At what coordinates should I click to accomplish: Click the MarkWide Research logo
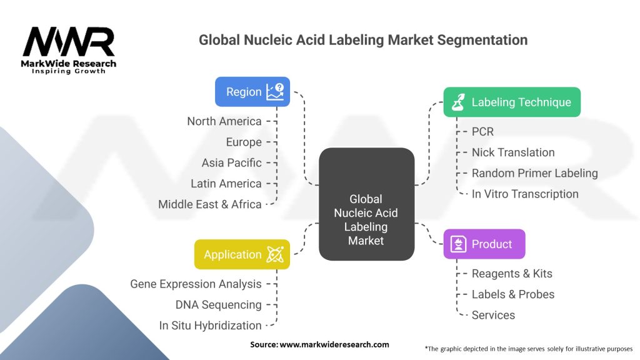(x=69, y=50)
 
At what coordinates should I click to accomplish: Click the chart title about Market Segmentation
(x=363, y=40)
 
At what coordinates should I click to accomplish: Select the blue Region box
(x=252, y=92)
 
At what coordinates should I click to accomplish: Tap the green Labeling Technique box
(x=512, y=102)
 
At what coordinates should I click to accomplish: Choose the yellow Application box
(x=242, y=254)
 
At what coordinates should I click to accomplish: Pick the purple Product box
(x=484, y=244)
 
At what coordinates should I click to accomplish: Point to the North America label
(x=224, y=121)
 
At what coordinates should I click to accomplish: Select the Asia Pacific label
(x=232, y=162)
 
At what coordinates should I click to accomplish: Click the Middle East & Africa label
(x=210, y=204)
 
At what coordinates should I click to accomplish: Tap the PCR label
(x=482, y=132)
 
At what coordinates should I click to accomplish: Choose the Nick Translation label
(x=513, y=152)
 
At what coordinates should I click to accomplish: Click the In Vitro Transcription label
(x=525, y=194)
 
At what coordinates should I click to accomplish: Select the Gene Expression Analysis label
(x=196, y=284)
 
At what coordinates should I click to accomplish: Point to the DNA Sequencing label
(x=218, y=304)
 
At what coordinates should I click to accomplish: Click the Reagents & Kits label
(x=512, y=274)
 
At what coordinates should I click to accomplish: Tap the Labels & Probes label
(x=513, y=294)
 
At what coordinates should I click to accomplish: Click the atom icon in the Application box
(x=275, y=254)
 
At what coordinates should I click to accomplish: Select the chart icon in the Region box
(x=275, y=91)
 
